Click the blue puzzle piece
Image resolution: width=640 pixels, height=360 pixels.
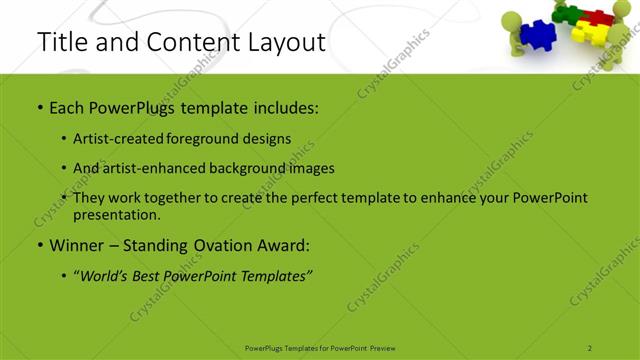click(540, 34)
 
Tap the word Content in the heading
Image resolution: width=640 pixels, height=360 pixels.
click(186, 42)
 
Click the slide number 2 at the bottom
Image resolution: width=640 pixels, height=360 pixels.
click(590, 347)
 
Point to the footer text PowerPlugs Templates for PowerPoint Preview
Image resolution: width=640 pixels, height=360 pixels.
click(319, 347)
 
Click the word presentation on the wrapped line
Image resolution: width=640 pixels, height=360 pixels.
click(116, 214)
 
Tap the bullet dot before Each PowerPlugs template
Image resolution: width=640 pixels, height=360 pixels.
click(39, 106)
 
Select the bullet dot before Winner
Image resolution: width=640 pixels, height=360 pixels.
click(39, 245)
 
